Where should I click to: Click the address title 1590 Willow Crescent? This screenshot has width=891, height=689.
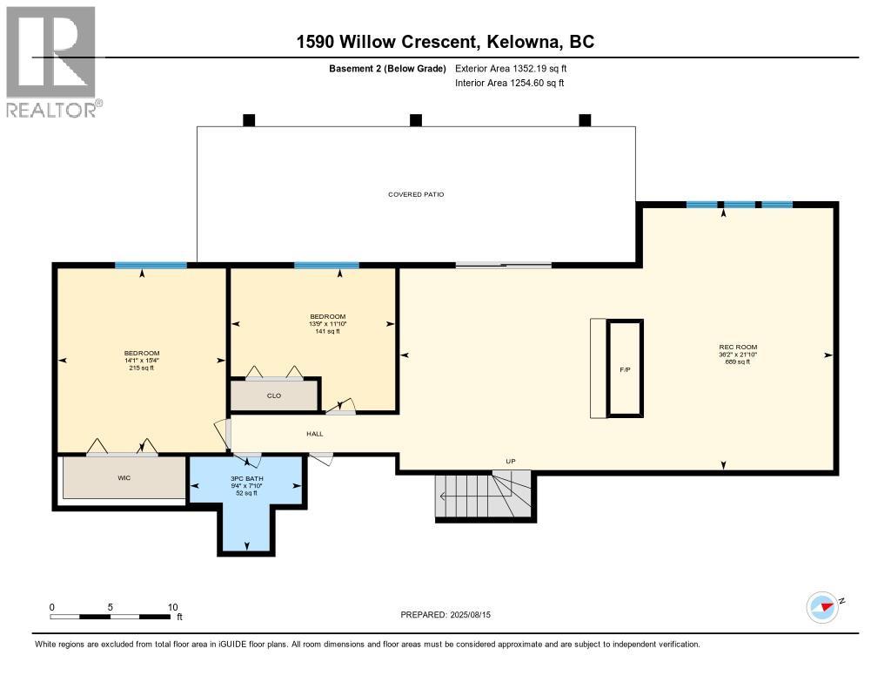tap(445, 42)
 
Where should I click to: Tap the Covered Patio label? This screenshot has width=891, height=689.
tap(416, 194)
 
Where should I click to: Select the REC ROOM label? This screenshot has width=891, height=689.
tap(732, 348)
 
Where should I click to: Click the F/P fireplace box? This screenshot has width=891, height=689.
tap(625, 369)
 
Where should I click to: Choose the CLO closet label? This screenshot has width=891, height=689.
tap(274, 395)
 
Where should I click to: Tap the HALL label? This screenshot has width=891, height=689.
tap(314, 433)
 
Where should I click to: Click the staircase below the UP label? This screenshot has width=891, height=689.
tap(482, 496)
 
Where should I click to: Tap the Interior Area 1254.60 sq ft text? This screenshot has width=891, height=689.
tap(510, 83)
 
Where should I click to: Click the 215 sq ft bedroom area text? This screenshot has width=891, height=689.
tap(141, 368)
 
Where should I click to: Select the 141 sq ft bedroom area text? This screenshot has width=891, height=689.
tap(328, 331)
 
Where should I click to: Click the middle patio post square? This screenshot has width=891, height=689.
tap(416, 120)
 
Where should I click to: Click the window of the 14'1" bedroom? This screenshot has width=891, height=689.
tap(151, 266)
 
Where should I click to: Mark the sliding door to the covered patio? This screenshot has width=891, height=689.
tap(503, 265)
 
